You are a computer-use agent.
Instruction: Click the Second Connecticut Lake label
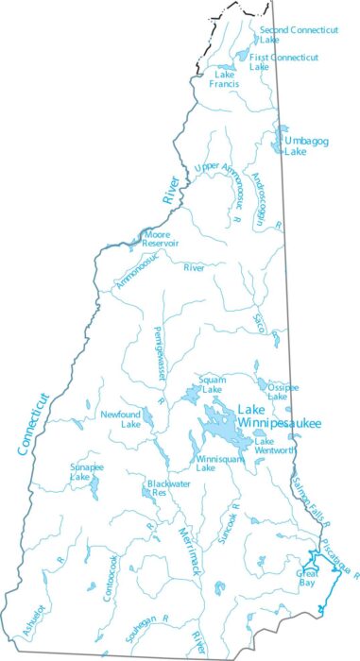point(298,35)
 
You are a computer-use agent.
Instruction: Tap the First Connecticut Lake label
point(283,62)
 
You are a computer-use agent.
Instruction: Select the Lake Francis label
point(225,79)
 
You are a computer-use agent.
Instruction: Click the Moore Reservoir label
point(162,238)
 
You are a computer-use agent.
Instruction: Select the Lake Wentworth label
point(275,446)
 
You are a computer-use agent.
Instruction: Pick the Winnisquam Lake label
point(218,463)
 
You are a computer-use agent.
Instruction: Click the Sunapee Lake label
point(86,472)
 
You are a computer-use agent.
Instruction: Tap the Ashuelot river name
point(32,619)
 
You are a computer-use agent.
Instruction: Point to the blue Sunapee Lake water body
point(94,488)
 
